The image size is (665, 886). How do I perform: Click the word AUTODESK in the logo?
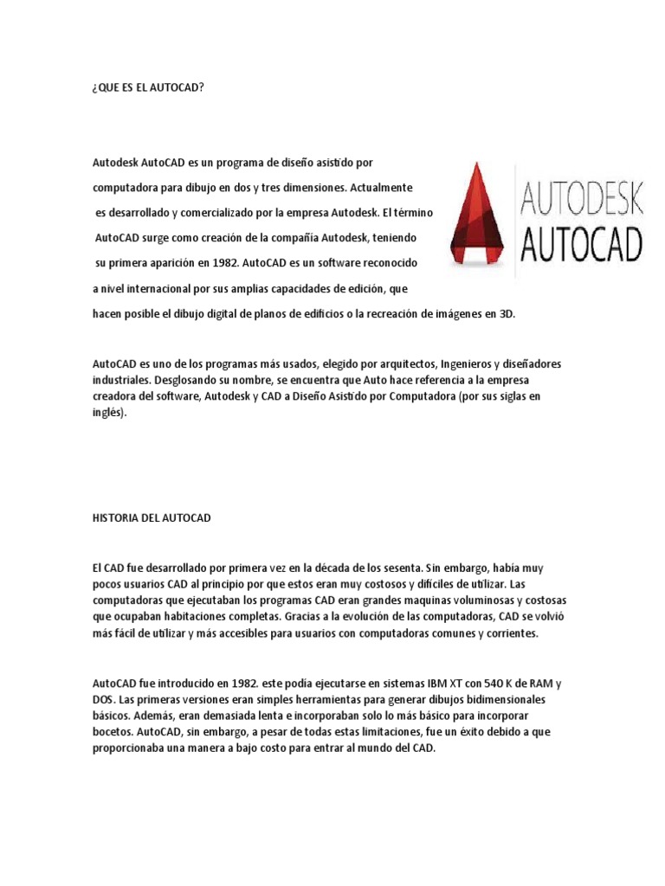582,198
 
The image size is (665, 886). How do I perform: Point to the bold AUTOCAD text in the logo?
582,244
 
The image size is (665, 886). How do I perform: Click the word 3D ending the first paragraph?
506,314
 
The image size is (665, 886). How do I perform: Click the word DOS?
103,699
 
